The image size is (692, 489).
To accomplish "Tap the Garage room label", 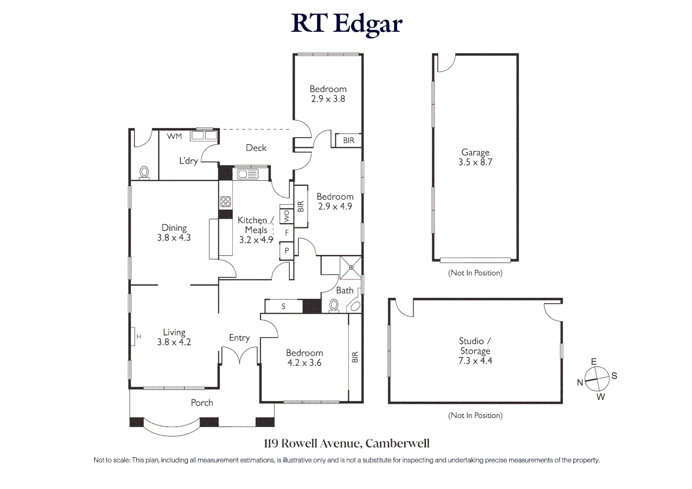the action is click(x=475, y=157).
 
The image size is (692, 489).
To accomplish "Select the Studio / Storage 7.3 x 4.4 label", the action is click(x=475, y=350).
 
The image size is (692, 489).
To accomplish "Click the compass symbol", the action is click(x=597, y=379).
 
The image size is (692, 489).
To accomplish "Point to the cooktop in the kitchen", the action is click(x=225, y=202).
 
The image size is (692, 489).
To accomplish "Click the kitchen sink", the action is click(x=247, y=174).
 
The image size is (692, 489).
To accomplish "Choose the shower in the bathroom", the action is click(x=351, y=267).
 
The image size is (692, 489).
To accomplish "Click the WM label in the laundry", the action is click(x=174, y=136).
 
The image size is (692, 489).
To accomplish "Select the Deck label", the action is click(x=256, y=148).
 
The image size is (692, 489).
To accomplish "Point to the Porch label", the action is click(x=202, y=403).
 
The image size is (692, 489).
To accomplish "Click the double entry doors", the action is click(x=240, y=355).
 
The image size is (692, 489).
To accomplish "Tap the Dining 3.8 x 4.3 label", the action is click(x=174, y=232).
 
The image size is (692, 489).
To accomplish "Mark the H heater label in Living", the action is click(x=138, y=336).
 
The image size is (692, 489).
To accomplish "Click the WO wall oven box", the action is click(x=286, y=214).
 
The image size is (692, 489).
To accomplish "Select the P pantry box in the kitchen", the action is click(x=286, y=251).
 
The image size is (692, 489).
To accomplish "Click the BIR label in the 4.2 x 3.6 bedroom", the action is click(x=355, y=357).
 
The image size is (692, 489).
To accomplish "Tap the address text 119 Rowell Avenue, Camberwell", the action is click(x=346, y=444).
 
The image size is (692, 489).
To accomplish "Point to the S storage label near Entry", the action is click(x=283, y=307).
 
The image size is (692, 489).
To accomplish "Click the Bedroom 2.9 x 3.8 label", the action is click(x=328, y=94).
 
